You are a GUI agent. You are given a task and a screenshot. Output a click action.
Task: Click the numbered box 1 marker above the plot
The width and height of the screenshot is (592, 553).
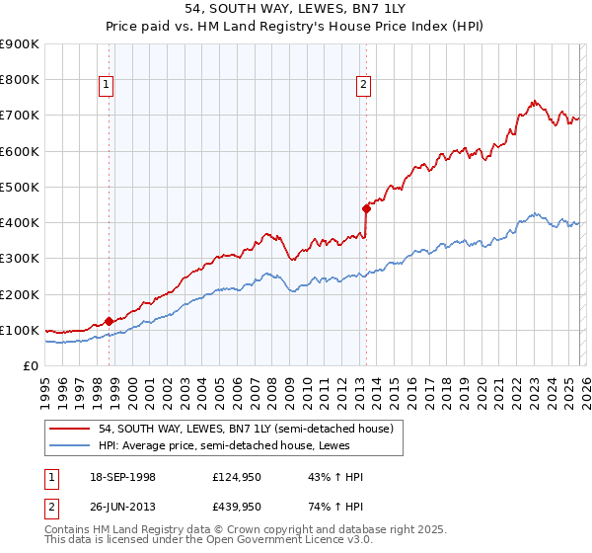(107, 86)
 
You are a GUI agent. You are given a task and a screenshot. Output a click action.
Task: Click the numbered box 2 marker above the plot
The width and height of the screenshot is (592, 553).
(363, 86)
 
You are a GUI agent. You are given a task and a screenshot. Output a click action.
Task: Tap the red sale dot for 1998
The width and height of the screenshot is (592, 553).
(109, 321)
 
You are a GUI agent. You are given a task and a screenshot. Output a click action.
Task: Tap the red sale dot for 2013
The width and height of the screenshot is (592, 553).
(366, 208)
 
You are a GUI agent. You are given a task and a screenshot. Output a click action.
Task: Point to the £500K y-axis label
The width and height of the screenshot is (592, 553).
(20, 187)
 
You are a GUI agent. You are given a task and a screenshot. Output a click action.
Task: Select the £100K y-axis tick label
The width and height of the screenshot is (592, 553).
(20, 331)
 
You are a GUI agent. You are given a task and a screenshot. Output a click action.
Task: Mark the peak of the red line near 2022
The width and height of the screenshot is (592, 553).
(533, 101)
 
